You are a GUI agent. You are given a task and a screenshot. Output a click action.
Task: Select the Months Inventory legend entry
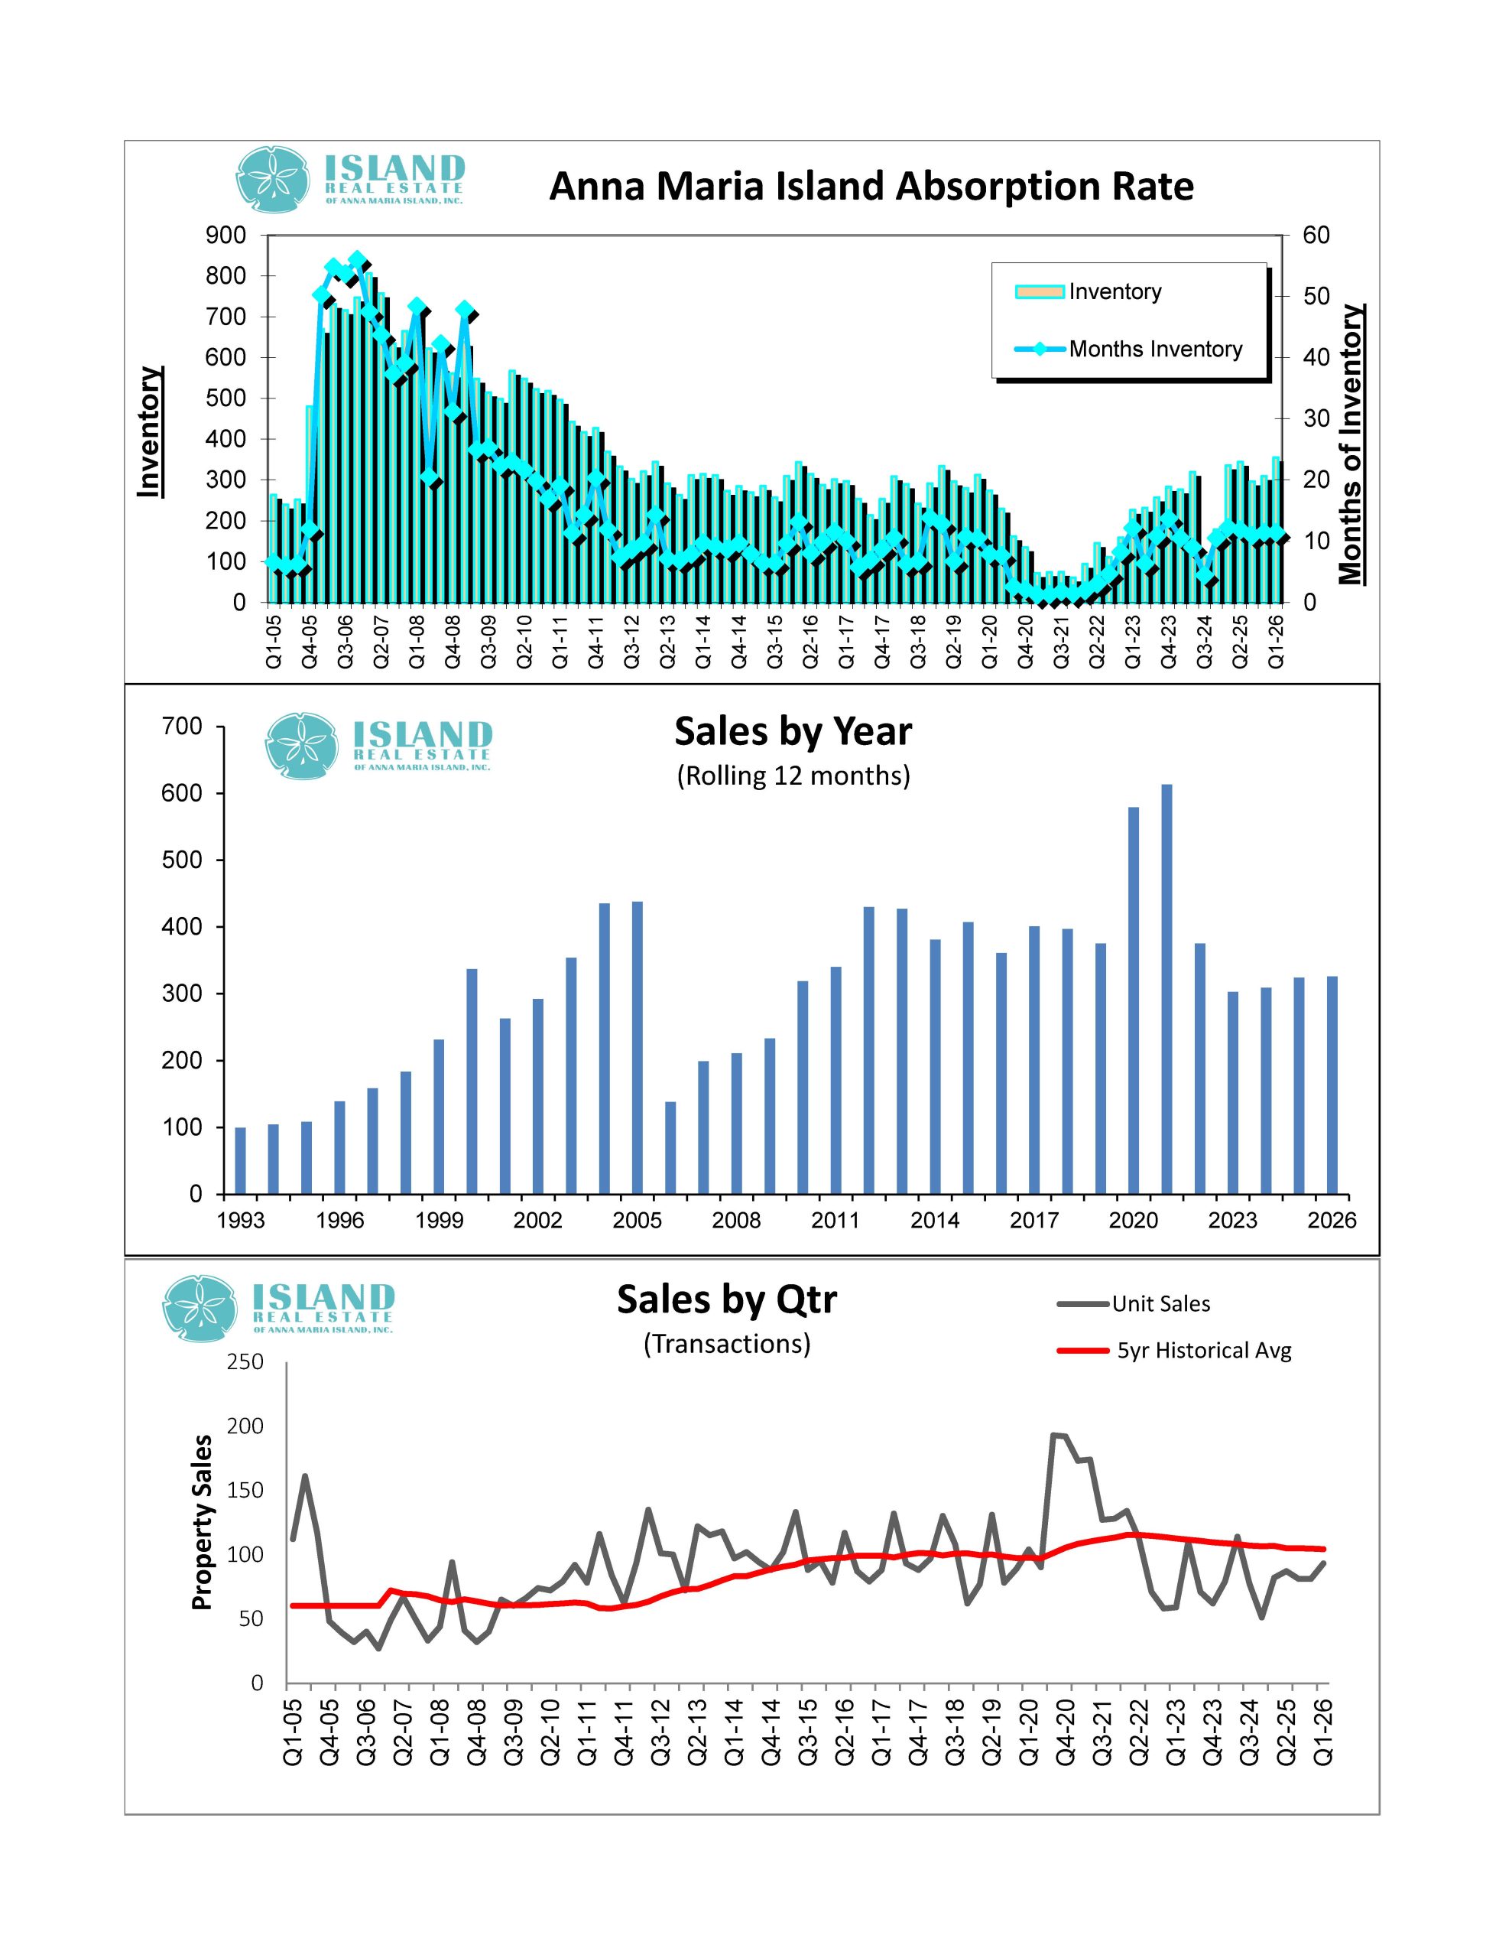click(x=1154, y=349)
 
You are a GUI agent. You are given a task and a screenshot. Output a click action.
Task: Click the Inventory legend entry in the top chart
click(x=1114, y=291)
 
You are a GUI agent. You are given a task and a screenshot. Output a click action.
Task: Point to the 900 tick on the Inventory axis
click(x=226, y=235)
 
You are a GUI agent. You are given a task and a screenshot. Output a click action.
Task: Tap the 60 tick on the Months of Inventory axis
click(x=1316, y=235)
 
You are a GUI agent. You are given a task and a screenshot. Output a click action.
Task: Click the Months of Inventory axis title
click(x=1350, y=444)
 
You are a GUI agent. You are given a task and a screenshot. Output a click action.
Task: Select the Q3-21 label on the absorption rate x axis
click(x=1060, y=641)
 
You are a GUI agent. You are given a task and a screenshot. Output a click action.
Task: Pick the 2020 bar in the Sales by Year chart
click(x=1133, y=1000)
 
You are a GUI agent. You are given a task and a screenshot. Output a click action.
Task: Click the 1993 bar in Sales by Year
click(x=240, y=1160)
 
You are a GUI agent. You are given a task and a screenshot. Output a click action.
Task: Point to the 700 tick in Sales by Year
click(x=182, y=726)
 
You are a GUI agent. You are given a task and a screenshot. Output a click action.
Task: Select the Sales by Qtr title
click(x=726, y=1299)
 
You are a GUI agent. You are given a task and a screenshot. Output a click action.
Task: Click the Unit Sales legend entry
click(x=1160, y=1304)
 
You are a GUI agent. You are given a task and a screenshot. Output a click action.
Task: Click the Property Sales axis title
click(x=203, y=1522)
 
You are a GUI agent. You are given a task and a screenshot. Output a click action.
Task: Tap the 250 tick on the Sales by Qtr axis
click(x=245, y=1362)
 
